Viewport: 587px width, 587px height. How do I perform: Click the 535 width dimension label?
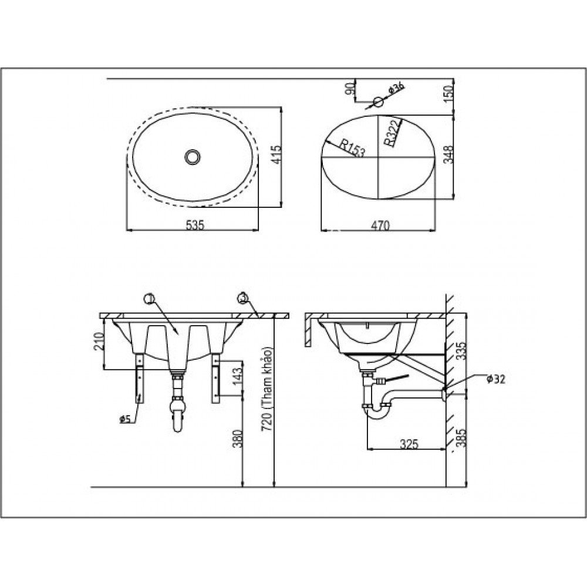(194, 225)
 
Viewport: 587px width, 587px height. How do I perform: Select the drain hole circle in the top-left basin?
(192, 157)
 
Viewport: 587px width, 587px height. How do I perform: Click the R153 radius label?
(351, 148)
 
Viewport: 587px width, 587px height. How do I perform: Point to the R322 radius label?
(392, 131)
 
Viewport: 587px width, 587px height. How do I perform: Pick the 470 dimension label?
(380, 225)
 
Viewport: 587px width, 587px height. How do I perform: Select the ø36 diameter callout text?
(397, 89)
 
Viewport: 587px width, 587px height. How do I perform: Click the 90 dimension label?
(350, 89)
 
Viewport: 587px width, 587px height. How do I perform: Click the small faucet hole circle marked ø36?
(379, 102)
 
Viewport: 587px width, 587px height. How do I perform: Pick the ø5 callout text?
(124, 419)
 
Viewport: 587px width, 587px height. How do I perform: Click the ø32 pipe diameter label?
(495, 379)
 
